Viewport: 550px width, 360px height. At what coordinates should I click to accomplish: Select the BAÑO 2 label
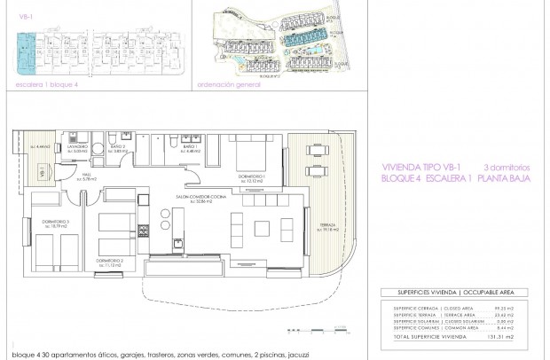(x=120, y=148)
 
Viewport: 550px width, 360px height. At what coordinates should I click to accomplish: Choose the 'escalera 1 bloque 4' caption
(x=40, y=87)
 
